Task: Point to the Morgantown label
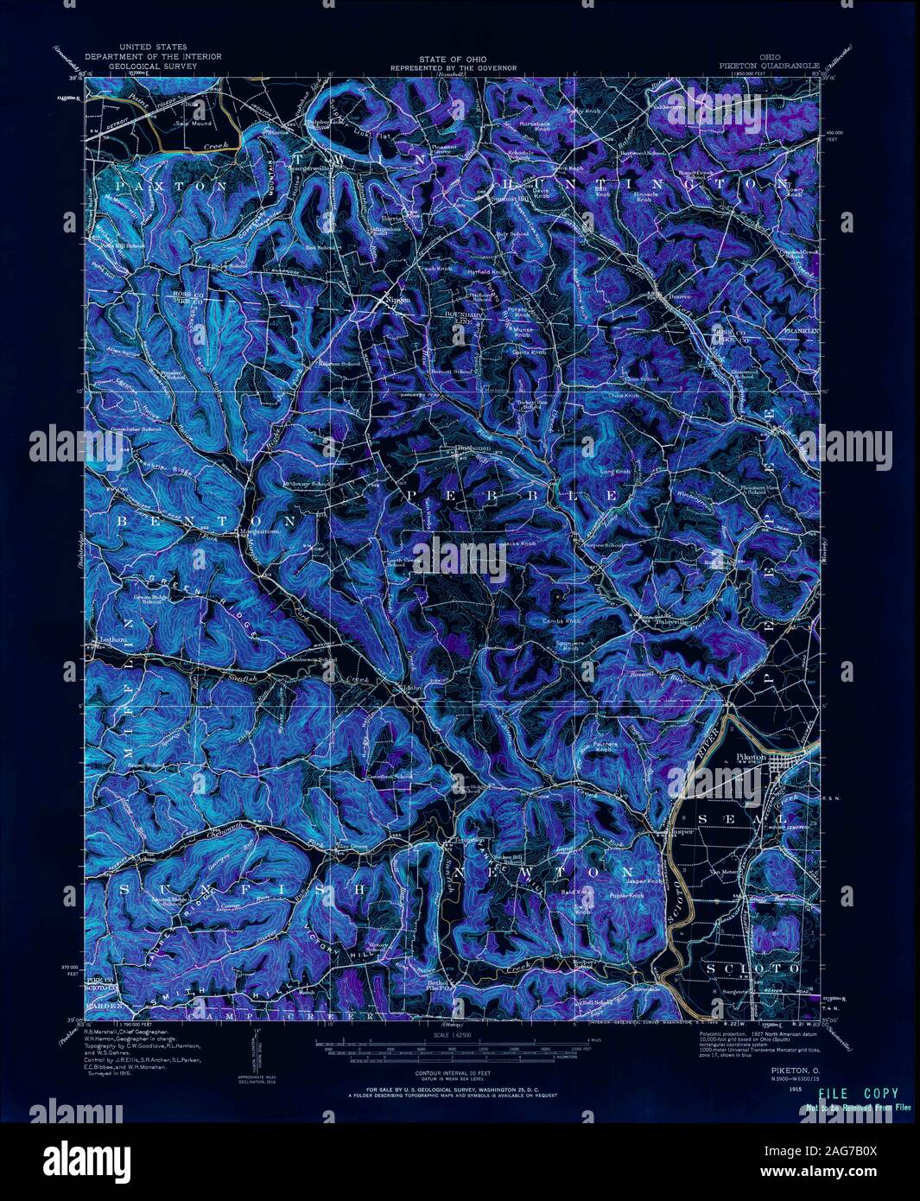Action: pyautogui.click(x=258, y=531)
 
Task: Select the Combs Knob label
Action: pyautogui.click(x=562, y=621)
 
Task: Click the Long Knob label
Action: pyautogui.click(x=615, y=472)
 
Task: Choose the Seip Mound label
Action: pyautogui.click(x=194, y=124)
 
